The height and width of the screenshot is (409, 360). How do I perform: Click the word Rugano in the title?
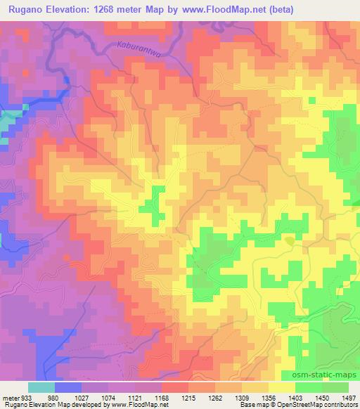25,9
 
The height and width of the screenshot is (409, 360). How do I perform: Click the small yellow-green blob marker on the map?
290,241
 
